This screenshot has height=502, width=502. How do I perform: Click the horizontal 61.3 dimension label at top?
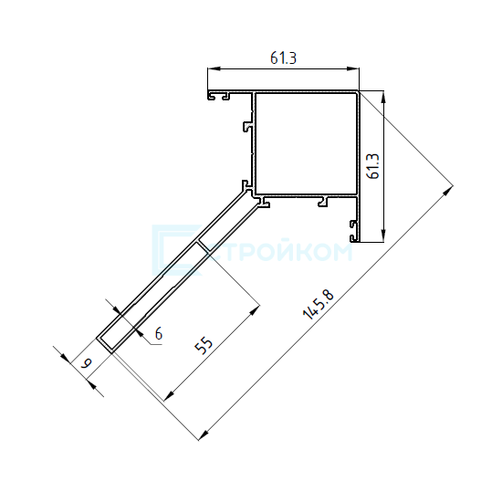click(283, 58)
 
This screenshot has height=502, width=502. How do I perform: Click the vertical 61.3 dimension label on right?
click(373, 166)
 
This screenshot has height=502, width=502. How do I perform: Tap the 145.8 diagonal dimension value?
click(319, 305)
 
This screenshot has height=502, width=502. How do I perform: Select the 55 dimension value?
click(204, 345)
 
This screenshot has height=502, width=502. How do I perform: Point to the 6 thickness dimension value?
click(159, 333)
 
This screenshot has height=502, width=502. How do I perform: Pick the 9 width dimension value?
click(86, 363)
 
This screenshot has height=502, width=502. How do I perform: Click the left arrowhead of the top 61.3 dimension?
click(214, 68)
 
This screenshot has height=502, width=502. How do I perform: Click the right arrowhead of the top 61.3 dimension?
click(353, 68)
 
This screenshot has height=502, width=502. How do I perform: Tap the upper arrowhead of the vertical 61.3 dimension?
click(384, 97)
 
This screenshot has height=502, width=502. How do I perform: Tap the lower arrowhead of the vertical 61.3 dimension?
click(384, 236)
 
